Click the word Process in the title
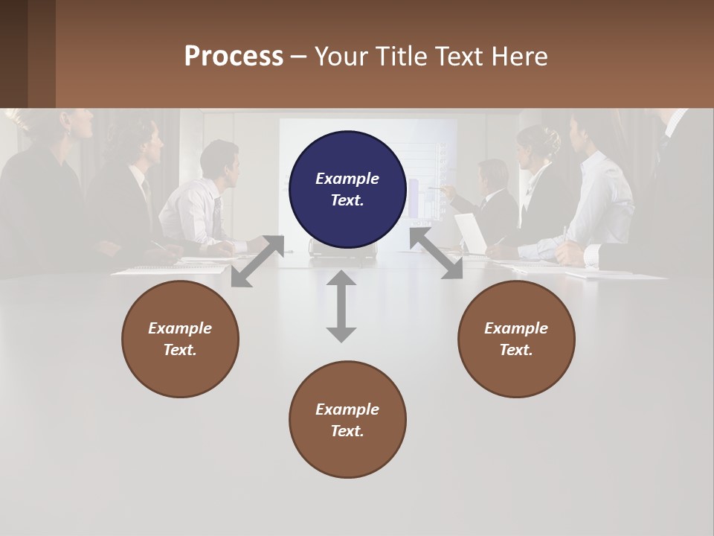click(234, 57)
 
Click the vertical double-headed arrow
click(341, 306)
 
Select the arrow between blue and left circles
click(257, 261)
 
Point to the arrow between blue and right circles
click(436, 254)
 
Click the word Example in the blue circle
click(347, 179)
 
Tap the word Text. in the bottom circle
click(347, 431)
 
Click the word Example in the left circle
click(180, 328)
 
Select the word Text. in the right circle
click(516, 350)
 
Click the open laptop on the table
click(470, 233)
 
